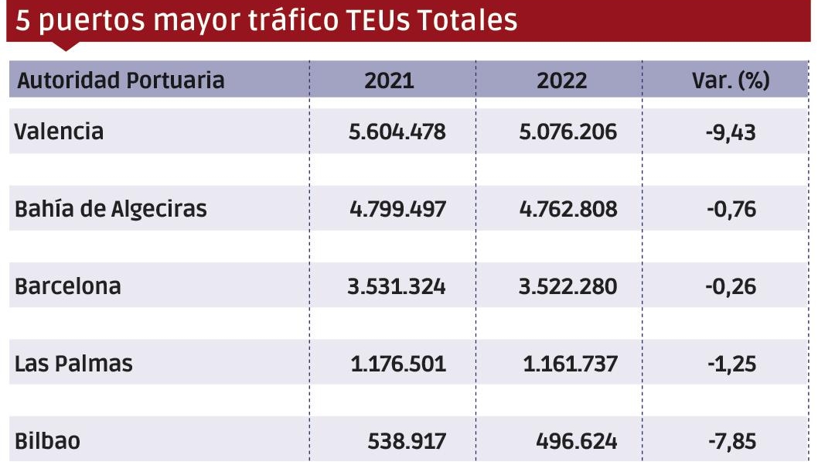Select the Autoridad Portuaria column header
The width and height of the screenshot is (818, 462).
click(x=121, y=80)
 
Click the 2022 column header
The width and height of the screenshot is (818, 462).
click(x=562, y=80)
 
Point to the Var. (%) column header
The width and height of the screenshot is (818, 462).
click(x=730, y=80)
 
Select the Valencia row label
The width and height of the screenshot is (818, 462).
click(x=59, y=131)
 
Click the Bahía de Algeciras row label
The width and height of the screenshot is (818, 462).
click(x=111, y=209)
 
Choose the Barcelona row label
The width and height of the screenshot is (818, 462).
click(x=68, y=286)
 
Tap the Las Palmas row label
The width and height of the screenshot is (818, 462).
click(x=73, y=364)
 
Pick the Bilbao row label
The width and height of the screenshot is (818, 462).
click(x=47, y=441)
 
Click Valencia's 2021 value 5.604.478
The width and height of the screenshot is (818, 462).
click(x=397, y=132)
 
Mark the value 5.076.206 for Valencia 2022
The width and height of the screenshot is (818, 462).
click(x=570, y=132)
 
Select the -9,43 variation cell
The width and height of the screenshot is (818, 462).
click(x=730, y=132)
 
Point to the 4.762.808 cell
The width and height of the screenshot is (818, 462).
click(x=570, y=209)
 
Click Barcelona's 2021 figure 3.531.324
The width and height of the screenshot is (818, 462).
click(x=397, y=286)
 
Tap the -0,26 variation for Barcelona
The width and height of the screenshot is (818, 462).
click(x=730, y=286)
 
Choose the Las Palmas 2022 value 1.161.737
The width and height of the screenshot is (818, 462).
click(x=570, y=364)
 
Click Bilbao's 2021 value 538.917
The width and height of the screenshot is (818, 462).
click(x=407, y=441)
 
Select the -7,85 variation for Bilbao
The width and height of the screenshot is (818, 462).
click(x=730, y=441)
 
